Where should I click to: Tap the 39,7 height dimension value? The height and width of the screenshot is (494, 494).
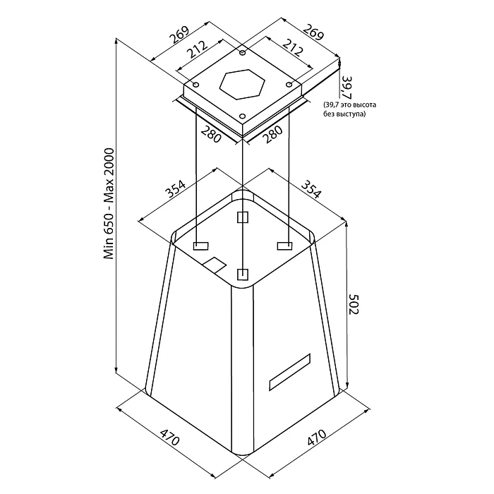(345, 87)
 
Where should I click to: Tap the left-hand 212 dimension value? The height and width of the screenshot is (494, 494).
(197, 49)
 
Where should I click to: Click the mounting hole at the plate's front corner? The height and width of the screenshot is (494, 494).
(242, 115)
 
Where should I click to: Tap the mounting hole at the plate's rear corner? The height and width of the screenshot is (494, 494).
(242, 54)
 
